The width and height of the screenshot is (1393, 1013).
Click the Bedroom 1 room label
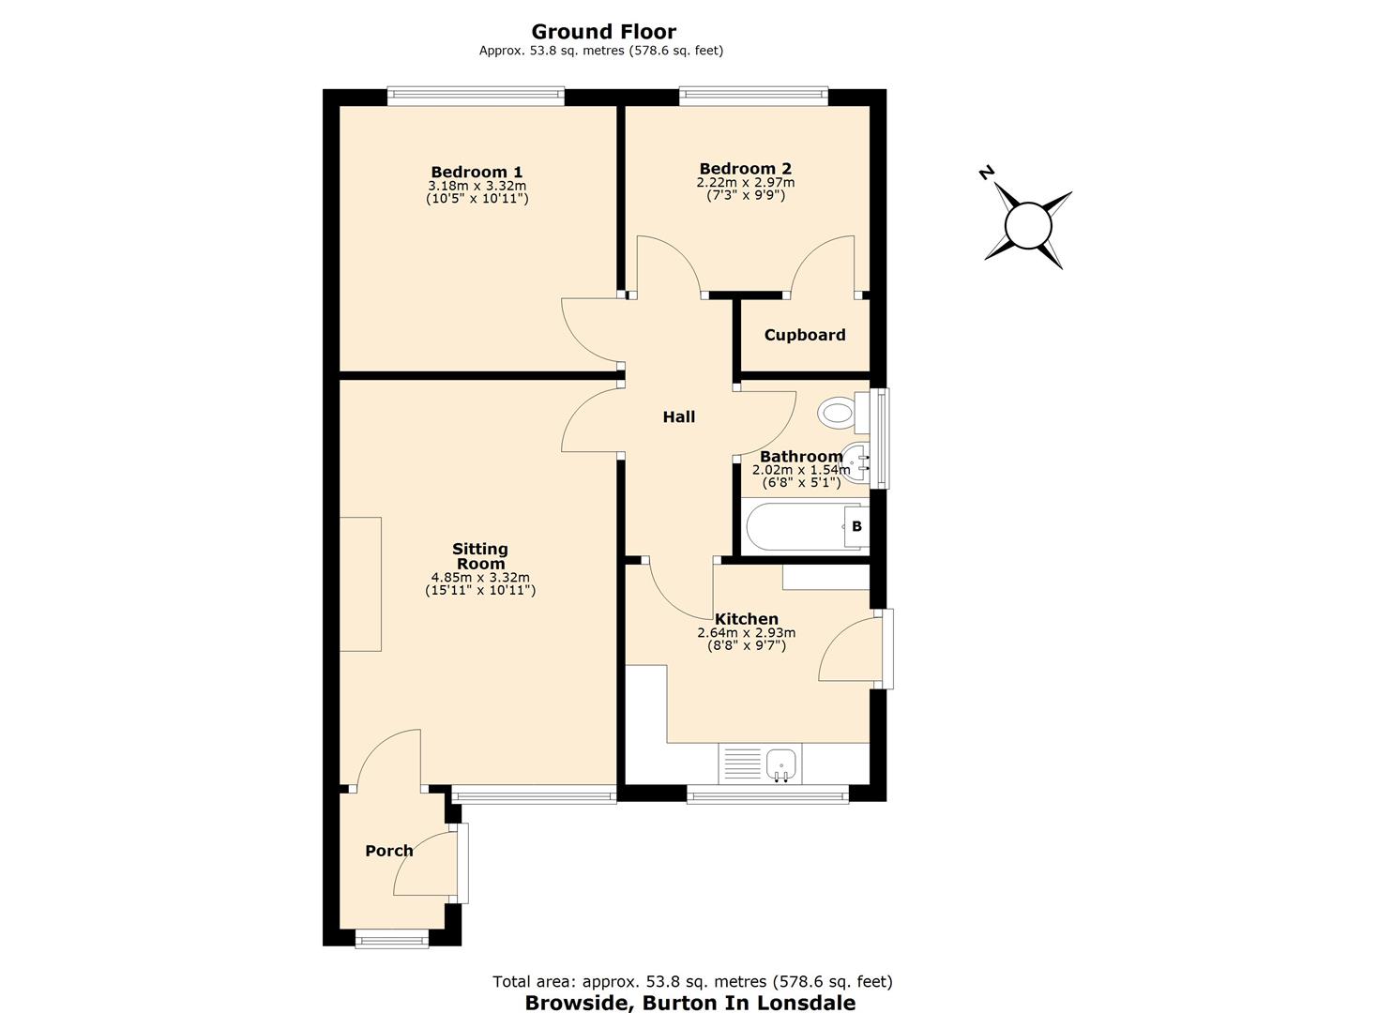click(x=477, y=172)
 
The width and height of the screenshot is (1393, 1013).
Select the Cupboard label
click(x=804, y=335)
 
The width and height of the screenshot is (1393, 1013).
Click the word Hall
click(x=678, y=416)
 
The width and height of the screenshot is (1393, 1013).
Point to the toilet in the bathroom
click(x=839, y=412)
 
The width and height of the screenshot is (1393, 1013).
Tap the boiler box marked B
click(x=856, y=526)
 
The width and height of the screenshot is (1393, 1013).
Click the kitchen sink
click(x=781, y=764)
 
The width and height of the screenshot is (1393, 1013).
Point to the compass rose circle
click(x=1028, y=226)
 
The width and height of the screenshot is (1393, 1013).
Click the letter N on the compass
click(x=986, y=173)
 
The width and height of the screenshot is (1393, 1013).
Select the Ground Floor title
click(x=603, y=32)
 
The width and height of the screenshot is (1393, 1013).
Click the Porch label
click(x=388, y=851)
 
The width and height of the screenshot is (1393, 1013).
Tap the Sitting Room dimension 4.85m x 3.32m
click(x=480, y=578)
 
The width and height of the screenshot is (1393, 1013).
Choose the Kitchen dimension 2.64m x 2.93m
click(x=746, y=633)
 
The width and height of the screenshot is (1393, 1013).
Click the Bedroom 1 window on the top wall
click(x=476, y=93)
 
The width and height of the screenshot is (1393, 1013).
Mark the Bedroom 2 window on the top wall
click(x=754, y=93)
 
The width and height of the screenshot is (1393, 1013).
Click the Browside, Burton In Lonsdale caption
click(x=689, y=1003)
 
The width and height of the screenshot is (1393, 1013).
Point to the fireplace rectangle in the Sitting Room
click(x=360, y=583)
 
